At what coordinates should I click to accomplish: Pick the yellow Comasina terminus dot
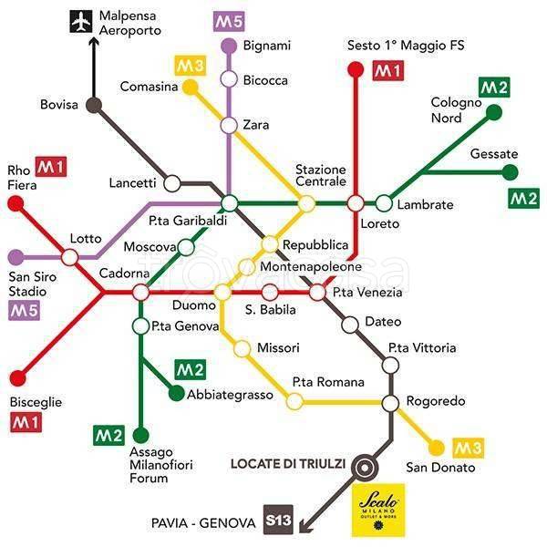pos(190,87)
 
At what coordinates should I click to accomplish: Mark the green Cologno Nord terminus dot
pos(494,112)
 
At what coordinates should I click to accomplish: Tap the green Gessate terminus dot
pos(511,171)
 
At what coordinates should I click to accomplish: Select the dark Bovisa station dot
pos(93,105)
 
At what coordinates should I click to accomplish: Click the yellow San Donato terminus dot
pos(437,447)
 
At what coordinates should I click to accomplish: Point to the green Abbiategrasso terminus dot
pos(176,394)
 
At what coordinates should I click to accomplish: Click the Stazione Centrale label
pos(320,176)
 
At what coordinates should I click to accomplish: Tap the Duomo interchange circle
pos(222,292)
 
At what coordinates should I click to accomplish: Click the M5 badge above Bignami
pos(228,20)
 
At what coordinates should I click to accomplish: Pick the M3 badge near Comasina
pos(190,66)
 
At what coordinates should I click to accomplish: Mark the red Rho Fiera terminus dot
pos(15,203)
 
